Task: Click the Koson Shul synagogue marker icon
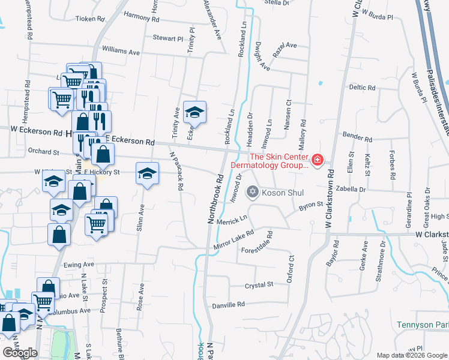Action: coord(253,192)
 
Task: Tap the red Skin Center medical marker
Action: coord(318,160)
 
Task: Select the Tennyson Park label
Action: coord(422,325)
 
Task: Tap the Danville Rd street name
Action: coord(229,305)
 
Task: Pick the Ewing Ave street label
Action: coord(79,264)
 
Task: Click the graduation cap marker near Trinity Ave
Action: coord(194,112)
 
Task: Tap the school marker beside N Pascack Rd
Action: coord(147,174)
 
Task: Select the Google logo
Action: coord(20,352)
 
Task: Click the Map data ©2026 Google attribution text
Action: coord(412,355)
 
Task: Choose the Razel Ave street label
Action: coord(285,49)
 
